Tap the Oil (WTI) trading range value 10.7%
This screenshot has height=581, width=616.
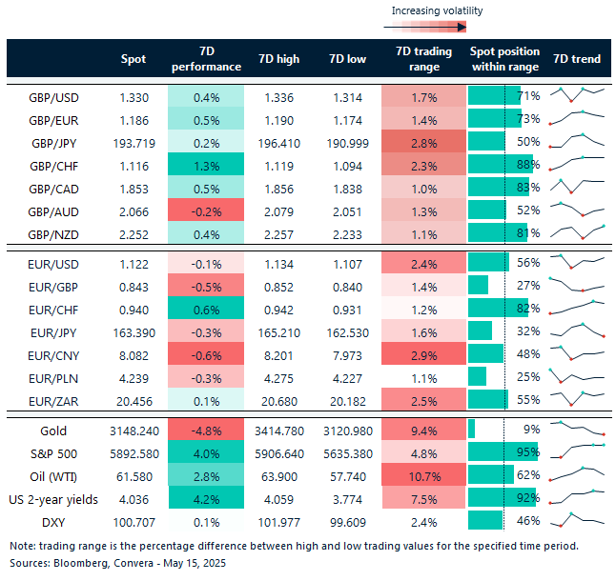click(x=424, y=475)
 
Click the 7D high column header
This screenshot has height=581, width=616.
click(x=278, y=59)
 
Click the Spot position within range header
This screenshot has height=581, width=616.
click(x=504, y=59)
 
